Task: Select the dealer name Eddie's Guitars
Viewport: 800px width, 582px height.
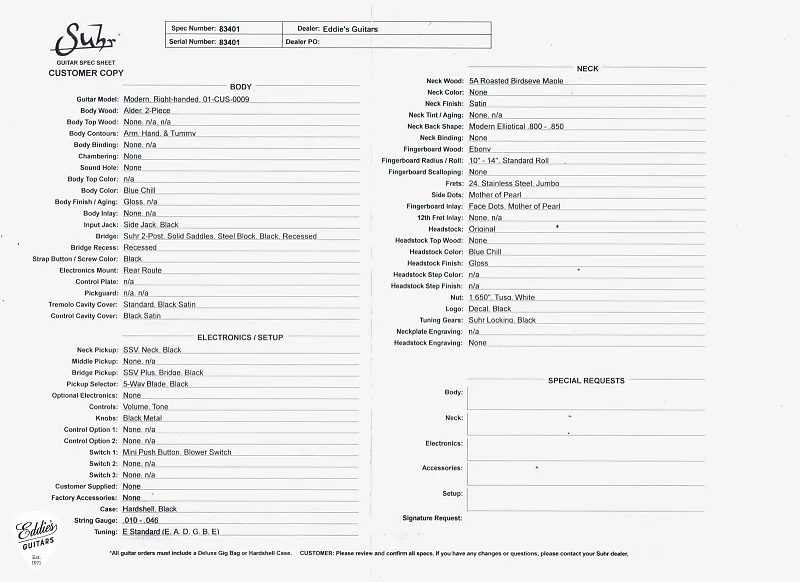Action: coord(350,29)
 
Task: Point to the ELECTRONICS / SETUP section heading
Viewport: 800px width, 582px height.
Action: coord(240,338)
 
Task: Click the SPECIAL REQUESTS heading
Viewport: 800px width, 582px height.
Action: coord(586,381)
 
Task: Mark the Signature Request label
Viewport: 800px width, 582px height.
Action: coord(432,518)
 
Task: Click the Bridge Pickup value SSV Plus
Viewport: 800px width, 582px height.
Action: coord(163,372)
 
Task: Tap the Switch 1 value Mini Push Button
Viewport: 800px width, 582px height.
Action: coord(177,452)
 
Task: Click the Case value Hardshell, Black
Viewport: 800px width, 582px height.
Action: coord(150,509)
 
